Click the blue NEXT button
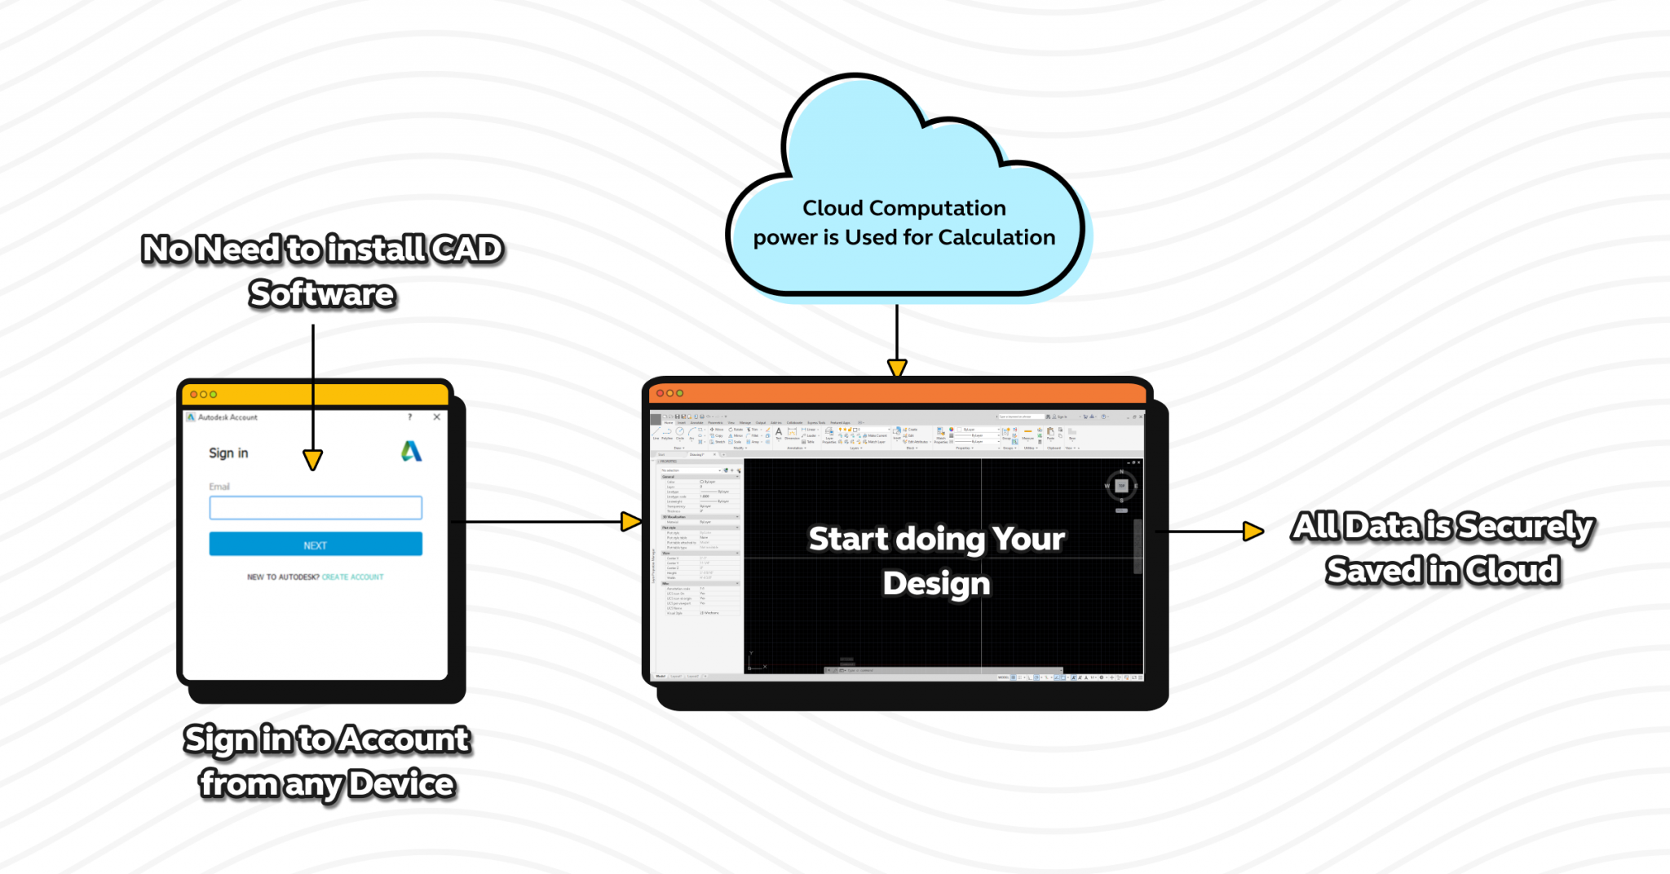coord(316,545)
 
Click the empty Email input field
coord(316,508)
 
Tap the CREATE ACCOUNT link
coord(352,577)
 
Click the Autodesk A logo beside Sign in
coord(411,452)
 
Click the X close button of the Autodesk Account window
coord(437,417)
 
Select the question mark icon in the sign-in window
coord(410,417)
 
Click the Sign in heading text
coord(228,453)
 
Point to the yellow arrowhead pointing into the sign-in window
coord(312,460)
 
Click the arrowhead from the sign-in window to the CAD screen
coord(631,522)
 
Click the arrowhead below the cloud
coord(897,369)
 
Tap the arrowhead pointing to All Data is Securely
coord(1253,532)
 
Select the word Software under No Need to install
coord(322,294)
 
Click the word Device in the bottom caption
coord(401,784)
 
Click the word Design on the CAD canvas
coord(936,584)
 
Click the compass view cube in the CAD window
coord(1121,486)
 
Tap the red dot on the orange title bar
coord(660,393)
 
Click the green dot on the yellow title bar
coord(214,395)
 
